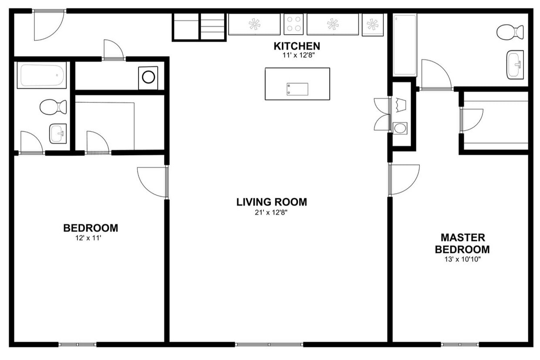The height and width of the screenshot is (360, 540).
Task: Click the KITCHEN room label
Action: coord(297,46)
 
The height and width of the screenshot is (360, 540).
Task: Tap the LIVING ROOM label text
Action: coord(272,202)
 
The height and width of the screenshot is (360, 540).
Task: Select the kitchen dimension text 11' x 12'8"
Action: coord(299,55)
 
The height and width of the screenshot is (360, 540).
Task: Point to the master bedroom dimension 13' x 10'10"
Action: coord(462,259)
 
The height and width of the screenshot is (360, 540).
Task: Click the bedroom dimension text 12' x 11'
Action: coord(88,238)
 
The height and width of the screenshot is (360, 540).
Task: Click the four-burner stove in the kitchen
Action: coord(294,24)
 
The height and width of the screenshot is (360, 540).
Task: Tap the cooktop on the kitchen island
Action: coord(297,89)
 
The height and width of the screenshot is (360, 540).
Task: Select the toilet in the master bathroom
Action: coord(510,32)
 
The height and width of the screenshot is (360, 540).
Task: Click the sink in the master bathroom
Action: coord(515,65)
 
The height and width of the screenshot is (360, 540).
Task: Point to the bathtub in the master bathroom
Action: coord(405,45)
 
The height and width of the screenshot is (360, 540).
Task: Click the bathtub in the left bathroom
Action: coord(42,75)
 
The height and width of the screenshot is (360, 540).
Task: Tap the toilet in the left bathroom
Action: coord(53,107)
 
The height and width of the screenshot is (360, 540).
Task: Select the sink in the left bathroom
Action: coord(58,134)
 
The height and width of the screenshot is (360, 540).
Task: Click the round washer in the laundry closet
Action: coord(148,78)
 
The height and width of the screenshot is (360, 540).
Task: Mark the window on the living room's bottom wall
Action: coord(269,345)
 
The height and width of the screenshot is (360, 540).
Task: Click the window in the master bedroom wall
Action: coord(460,345)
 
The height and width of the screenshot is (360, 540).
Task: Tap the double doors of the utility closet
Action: coord(382,115)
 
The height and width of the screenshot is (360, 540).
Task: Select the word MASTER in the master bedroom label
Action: coord(463,238)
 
